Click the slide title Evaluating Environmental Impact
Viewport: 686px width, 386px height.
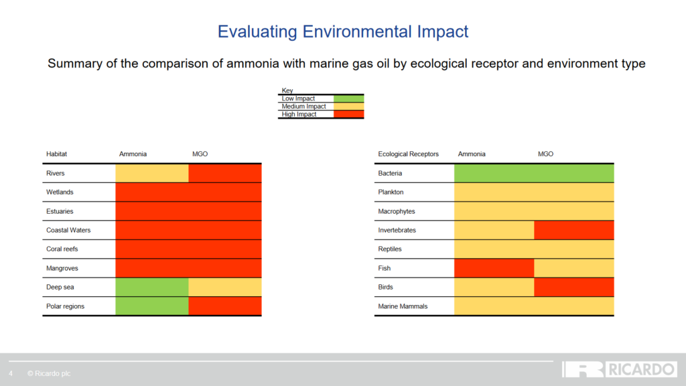(x=343, y=31)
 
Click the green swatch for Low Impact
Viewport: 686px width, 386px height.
(x=348, y=99)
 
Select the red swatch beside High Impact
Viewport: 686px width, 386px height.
(x=348, y=115)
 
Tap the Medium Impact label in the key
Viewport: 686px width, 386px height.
(x=303, y=107)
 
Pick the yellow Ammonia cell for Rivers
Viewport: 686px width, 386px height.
(x=152, y=173)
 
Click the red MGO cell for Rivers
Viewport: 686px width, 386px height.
(x=225, y=173)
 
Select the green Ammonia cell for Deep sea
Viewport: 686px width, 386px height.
(x=152, y=287)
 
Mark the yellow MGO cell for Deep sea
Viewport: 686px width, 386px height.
(x=225, y=287)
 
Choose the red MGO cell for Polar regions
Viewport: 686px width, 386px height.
(x=225, y=306)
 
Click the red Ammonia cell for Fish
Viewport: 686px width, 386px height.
(x=494, y=268)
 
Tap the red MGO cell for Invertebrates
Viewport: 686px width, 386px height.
(x=573, y=230)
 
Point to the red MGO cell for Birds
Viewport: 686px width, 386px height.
(x=573, y=287)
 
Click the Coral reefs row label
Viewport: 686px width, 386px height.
(x=62, y=249)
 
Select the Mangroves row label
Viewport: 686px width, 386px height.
(x=62, y=268)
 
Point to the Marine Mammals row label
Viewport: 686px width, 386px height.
(x=403, y=306)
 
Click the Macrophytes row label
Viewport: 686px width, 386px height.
(x=397, y=211)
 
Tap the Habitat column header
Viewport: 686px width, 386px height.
(x=56, y=154)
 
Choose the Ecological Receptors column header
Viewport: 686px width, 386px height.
(x=408, y=154)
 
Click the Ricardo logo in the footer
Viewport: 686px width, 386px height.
(x=619, y=369)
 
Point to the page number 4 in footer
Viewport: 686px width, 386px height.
(x=11, y=373)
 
